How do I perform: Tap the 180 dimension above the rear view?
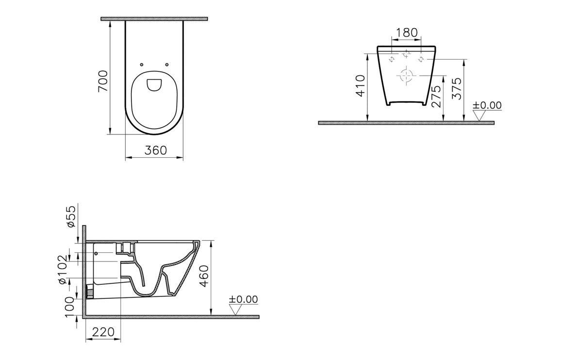407,33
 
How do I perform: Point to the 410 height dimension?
360,86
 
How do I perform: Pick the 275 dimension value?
435,97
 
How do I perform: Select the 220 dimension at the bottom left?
103,332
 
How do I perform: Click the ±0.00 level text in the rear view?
487,105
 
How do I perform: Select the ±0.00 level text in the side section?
244,299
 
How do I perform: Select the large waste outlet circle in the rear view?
406,76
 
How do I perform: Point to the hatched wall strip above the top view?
154,19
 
